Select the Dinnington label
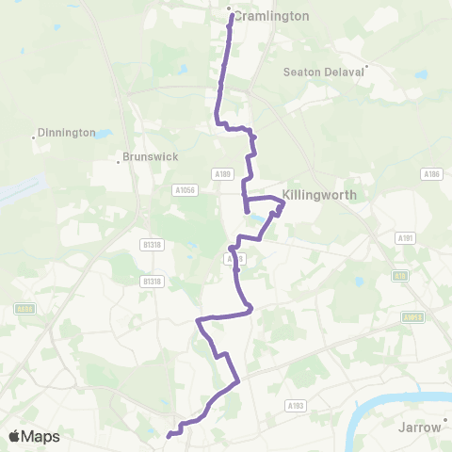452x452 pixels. coord(68,133)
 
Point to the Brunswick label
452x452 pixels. coord(151,158)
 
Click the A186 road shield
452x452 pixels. coord(431,173)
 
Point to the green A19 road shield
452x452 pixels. coord(401,276)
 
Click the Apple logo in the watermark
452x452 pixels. coord(15,436)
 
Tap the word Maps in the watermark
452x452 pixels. coord(41,436)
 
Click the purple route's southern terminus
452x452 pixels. coord(169,435)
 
